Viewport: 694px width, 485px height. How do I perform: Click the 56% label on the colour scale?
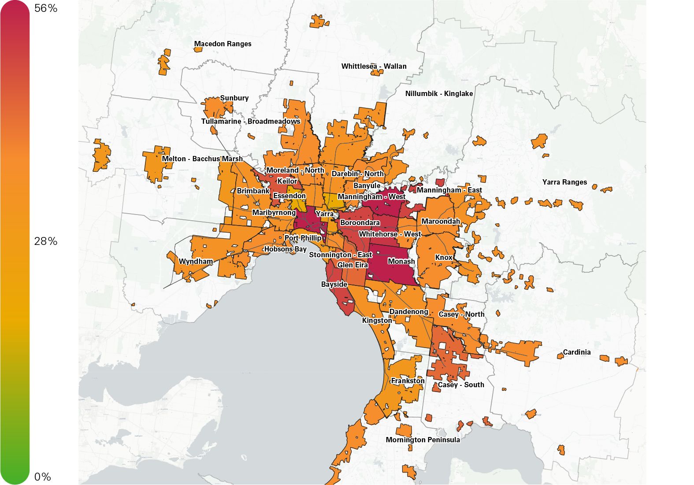click(x=46, y=8)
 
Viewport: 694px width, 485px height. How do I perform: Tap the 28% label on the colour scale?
click(x=46, y=241)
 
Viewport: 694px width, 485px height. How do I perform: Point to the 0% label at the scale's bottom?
click(x=43, y=477)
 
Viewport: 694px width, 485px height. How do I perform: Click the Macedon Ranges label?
click(x=223, y=44)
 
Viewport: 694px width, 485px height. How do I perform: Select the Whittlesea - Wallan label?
click(x=374, y=67)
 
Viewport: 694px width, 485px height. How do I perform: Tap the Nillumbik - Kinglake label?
click(x=439, y=94)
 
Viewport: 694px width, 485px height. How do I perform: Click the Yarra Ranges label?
click(x=564, y=182)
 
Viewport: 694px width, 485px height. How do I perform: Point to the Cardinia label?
click(x=576, y=352)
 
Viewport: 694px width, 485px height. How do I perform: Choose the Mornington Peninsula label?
click(x=423, y=440)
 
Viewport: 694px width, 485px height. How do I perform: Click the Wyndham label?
click(x=196, y=262)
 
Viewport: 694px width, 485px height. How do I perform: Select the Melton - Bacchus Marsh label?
click(x=202, y=159)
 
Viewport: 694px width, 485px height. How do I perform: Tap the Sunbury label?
click(x=234, y=98)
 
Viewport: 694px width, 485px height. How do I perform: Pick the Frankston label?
click(x=408, y=381)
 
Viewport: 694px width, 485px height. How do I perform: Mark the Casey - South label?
click(x=461, y=385)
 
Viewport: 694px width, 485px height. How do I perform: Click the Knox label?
click(x=443, y=258)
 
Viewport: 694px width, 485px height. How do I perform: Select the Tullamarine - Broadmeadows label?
click(x=250, y=122)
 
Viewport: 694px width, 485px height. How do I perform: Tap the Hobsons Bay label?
click(x=285, y=249)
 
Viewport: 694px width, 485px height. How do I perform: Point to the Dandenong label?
click(x=408, y=312)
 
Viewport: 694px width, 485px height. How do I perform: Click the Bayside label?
click(x=334, y=285)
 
